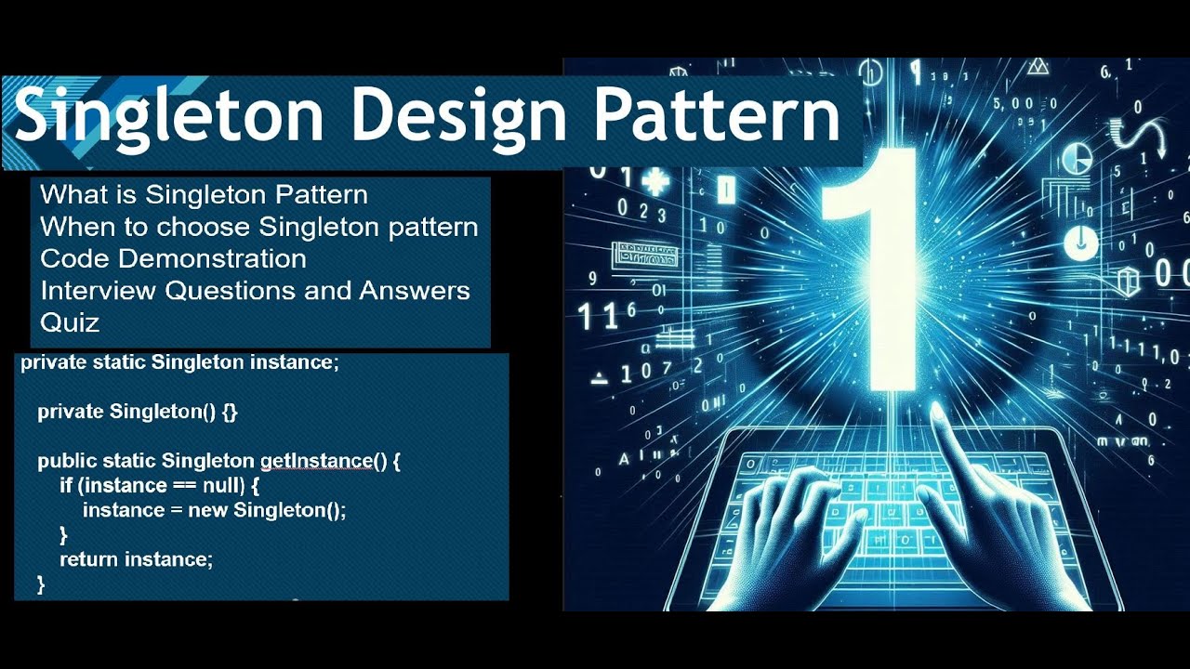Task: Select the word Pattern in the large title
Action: (x=717, y=115)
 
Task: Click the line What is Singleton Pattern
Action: (x=205, y=195)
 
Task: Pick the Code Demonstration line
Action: (x=174, y=258)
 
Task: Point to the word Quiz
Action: (x=70, y=322)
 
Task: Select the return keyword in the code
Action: (x=89, y=559)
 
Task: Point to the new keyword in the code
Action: (x=207, y=510)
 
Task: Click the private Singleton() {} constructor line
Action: (x=138, y=412)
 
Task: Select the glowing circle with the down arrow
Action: (x=1080, y=243)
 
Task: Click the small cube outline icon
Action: (x=1129, y=278)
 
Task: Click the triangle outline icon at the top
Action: (x=1038, y=67)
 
